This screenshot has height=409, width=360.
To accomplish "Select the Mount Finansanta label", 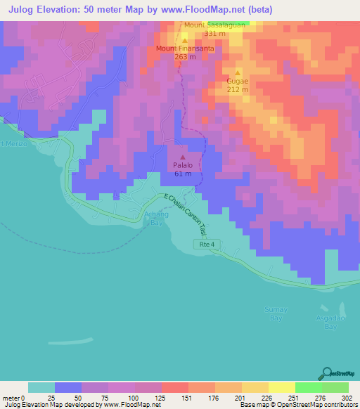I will [184, 48].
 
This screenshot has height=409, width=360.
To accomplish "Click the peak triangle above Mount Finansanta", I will [184, 41].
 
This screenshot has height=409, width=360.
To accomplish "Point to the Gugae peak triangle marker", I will [238, 73].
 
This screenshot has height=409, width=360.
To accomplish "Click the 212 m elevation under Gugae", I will [238, 89].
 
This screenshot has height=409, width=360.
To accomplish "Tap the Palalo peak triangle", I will [183, 157].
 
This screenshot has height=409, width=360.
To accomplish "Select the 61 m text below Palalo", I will [183, 174].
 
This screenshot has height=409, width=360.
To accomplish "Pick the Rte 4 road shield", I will [204, 243].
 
